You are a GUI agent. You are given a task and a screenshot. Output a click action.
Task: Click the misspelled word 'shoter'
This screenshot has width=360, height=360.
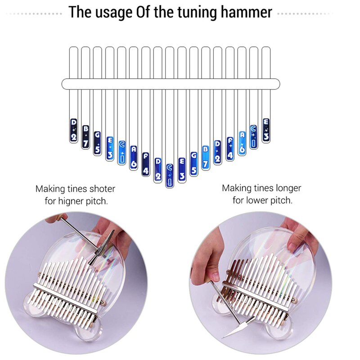click(x=100, y=189)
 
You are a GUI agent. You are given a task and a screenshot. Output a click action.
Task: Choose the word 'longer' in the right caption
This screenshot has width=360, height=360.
click(x=284, y=188)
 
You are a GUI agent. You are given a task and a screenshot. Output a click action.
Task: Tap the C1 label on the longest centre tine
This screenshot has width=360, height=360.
click(x=170, y=175)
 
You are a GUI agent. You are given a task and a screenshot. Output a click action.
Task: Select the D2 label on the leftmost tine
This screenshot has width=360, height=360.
click(x=74, y=130)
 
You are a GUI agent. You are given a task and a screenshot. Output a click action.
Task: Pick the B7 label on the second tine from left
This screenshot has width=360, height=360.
click(x=85, y=136)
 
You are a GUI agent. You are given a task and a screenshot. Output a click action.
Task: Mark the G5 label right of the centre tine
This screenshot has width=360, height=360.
click(x=194, y=164)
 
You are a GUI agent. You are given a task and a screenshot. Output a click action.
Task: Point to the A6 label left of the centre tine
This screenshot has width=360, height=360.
click(x=134, y=157)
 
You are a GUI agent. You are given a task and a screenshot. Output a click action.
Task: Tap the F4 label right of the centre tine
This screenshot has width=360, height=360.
click(x=230, y=149)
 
